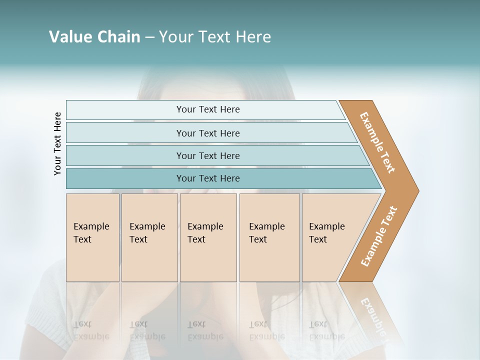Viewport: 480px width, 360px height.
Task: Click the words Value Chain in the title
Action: click(x=94, y=37)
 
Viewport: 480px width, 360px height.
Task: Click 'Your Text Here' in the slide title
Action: click(x=215, y=37)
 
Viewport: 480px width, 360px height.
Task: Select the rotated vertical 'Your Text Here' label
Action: click(x=57, y=144)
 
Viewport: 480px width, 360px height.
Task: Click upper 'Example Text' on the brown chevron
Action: click(x=377, y=142)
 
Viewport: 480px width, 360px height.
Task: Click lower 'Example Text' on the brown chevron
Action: click(x=379, y=236)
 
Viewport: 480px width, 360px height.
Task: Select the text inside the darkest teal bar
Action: click(x=208, y=178)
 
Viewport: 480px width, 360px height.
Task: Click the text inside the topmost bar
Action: click(x=208, y=109)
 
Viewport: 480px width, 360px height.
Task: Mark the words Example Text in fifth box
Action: click(x=326, y=233)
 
